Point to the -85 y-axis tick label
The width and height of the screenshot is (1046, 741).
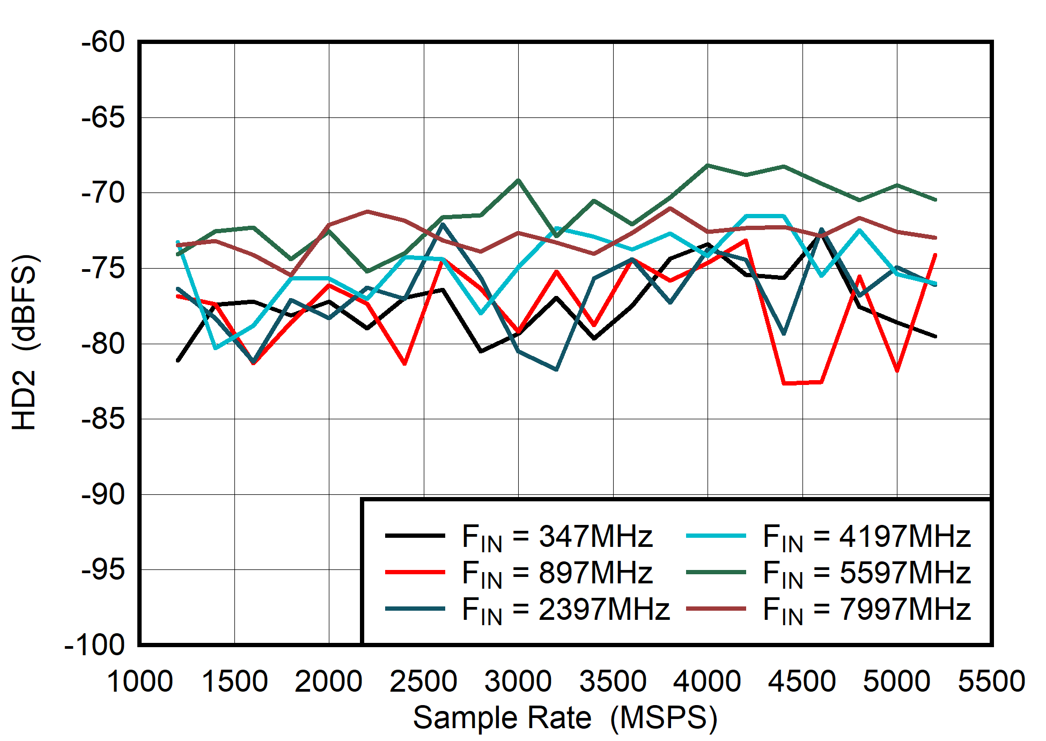(x=103, y=419)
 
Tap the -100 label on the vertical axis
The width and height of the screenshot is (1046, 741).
(x=95, y=645)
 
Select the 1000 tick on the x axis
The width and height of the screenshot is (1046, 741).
(x=139, y=681)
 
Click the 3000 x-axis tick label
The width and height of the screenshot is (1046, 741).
(x=518, y=681)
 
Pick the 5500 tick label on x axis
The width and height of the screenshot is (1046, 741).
(x=991, y=681)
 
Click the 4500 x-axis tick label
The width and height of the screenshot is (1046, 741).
(x=802, y=681)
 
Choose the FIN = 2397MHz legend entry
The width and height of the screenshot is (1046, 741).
(x=565, y=610)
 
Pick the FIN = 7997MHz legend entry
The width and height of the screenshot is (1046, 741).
(x=866, y=610)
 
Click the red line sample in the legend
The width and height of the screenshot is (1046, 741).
(x=415, y=573)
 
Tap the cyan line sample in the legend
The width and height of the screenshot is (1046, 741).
(x=716, y=536)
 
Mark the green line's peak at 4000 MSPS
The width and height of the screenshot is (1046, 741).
(x=708, y=165)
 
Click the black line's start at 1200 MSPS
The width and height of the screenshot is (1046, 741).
(x=178, y=360)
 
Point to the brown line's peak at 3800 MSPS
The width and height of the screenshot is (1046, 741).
(x=670, y=208)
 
